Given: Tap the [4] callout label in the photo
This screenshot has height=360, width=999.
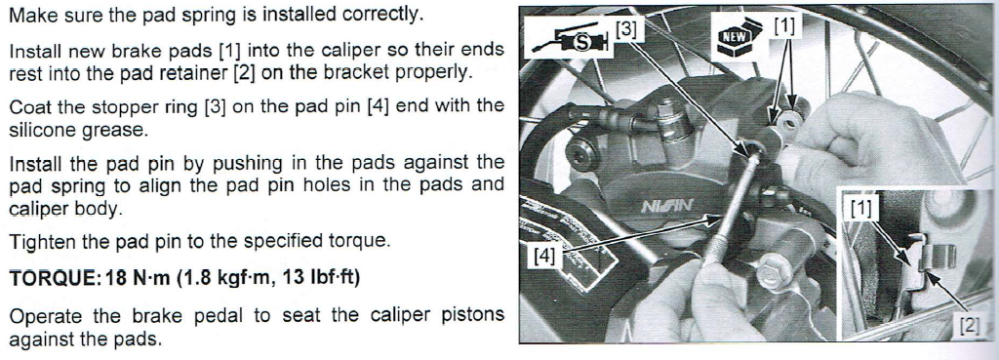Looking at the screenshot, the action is [x=545, y=257].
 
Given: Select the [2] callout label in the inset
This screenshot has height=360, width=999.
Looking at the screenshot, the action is [x=969, y=326].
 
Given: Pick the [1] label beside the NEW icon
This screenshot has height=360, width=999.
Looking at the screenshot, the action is [x=784, y=26].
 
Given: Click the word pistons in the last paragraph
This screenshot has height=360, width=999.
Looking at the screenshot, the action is [x=465, y=316].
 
